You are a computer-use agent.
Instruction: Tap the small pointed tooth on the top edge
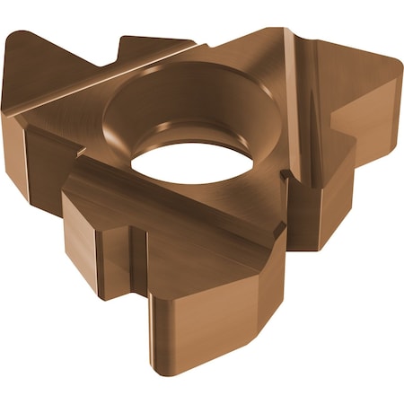pyautogui.click(x=126, y=41)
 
